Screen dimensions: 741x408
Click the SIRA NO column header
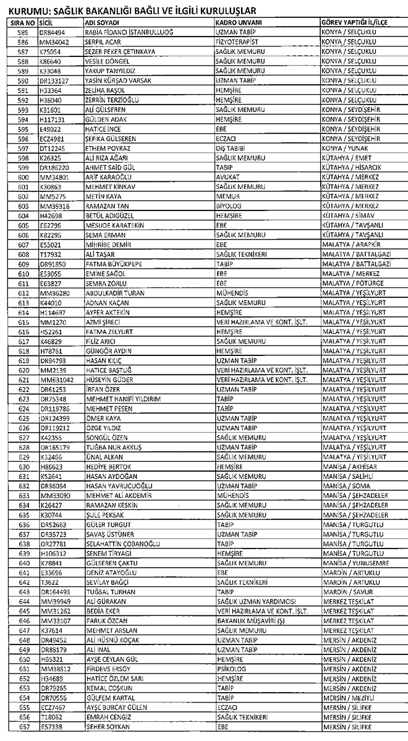pos(20,22)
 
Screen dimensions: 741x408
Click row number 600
pos(24,178)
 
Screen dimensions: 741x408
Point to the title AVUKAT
pos(227,178)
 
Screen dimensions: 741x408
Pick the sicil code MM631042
pos(56,379)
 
